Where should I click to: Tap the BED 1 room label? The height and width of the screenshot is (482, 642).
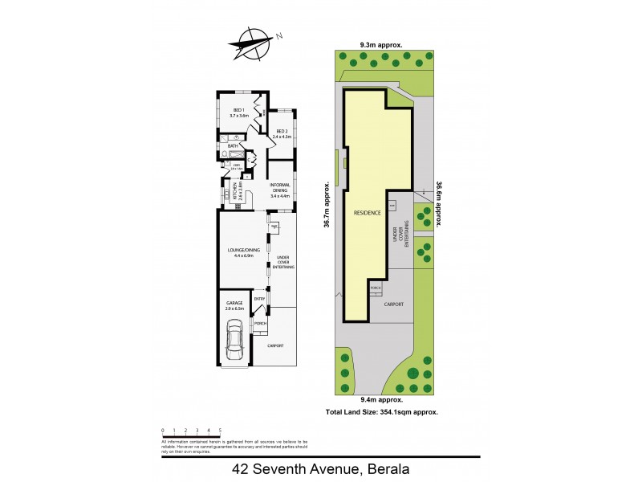(x=239, y=113)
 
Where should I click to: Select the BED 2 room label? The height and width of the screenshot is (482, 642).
(x=281, y=134)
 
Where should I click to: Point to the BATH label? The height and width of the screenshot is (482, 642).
(x=234, y=146)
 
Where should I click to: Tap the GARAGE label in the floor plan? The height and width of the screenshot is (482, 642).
(x=234, y=304)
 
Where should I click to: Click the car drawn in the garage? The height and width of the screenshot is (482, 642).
(x=235, y=341)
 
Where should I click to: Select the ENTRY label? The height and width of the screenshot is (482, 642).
(x=259, y=300)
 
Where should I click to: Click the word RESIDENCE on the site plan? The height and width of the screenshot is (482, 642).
(x=367, y=213)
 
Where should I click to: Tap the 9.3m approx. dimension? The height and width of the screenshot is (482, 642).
(x=381, y=46)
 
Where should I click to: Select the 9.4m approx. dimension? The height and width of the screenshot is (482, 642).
(x=381, y=399)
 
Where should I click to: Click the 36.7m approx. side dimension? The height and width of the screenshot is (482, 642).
(x=327, y=206)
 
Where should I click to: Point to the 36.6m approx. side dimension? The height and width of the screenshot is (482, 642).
(x=439, y=205)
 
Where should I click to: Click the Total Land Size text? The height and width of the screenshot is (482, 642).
(x=381, y=411)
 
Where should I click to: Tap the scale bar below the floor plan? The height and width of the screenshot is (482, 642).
(x=191, y=435)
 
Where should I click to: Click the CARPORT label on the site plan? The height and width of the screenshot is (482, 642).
(x=393, y=304)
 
